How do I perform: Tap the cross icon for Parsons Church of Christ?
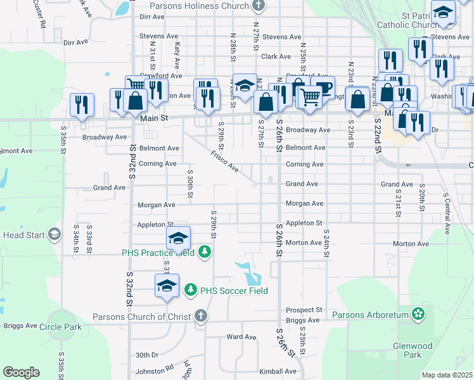click(x=201, y=315)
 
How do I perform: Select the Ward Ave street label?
click(x=241, y=337)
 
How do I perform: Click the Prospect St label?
click(x=304, y=310)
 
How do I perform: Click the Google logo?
click(x=21, y=372)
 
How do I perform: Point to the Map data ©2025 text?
click(x=447, y=375)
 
